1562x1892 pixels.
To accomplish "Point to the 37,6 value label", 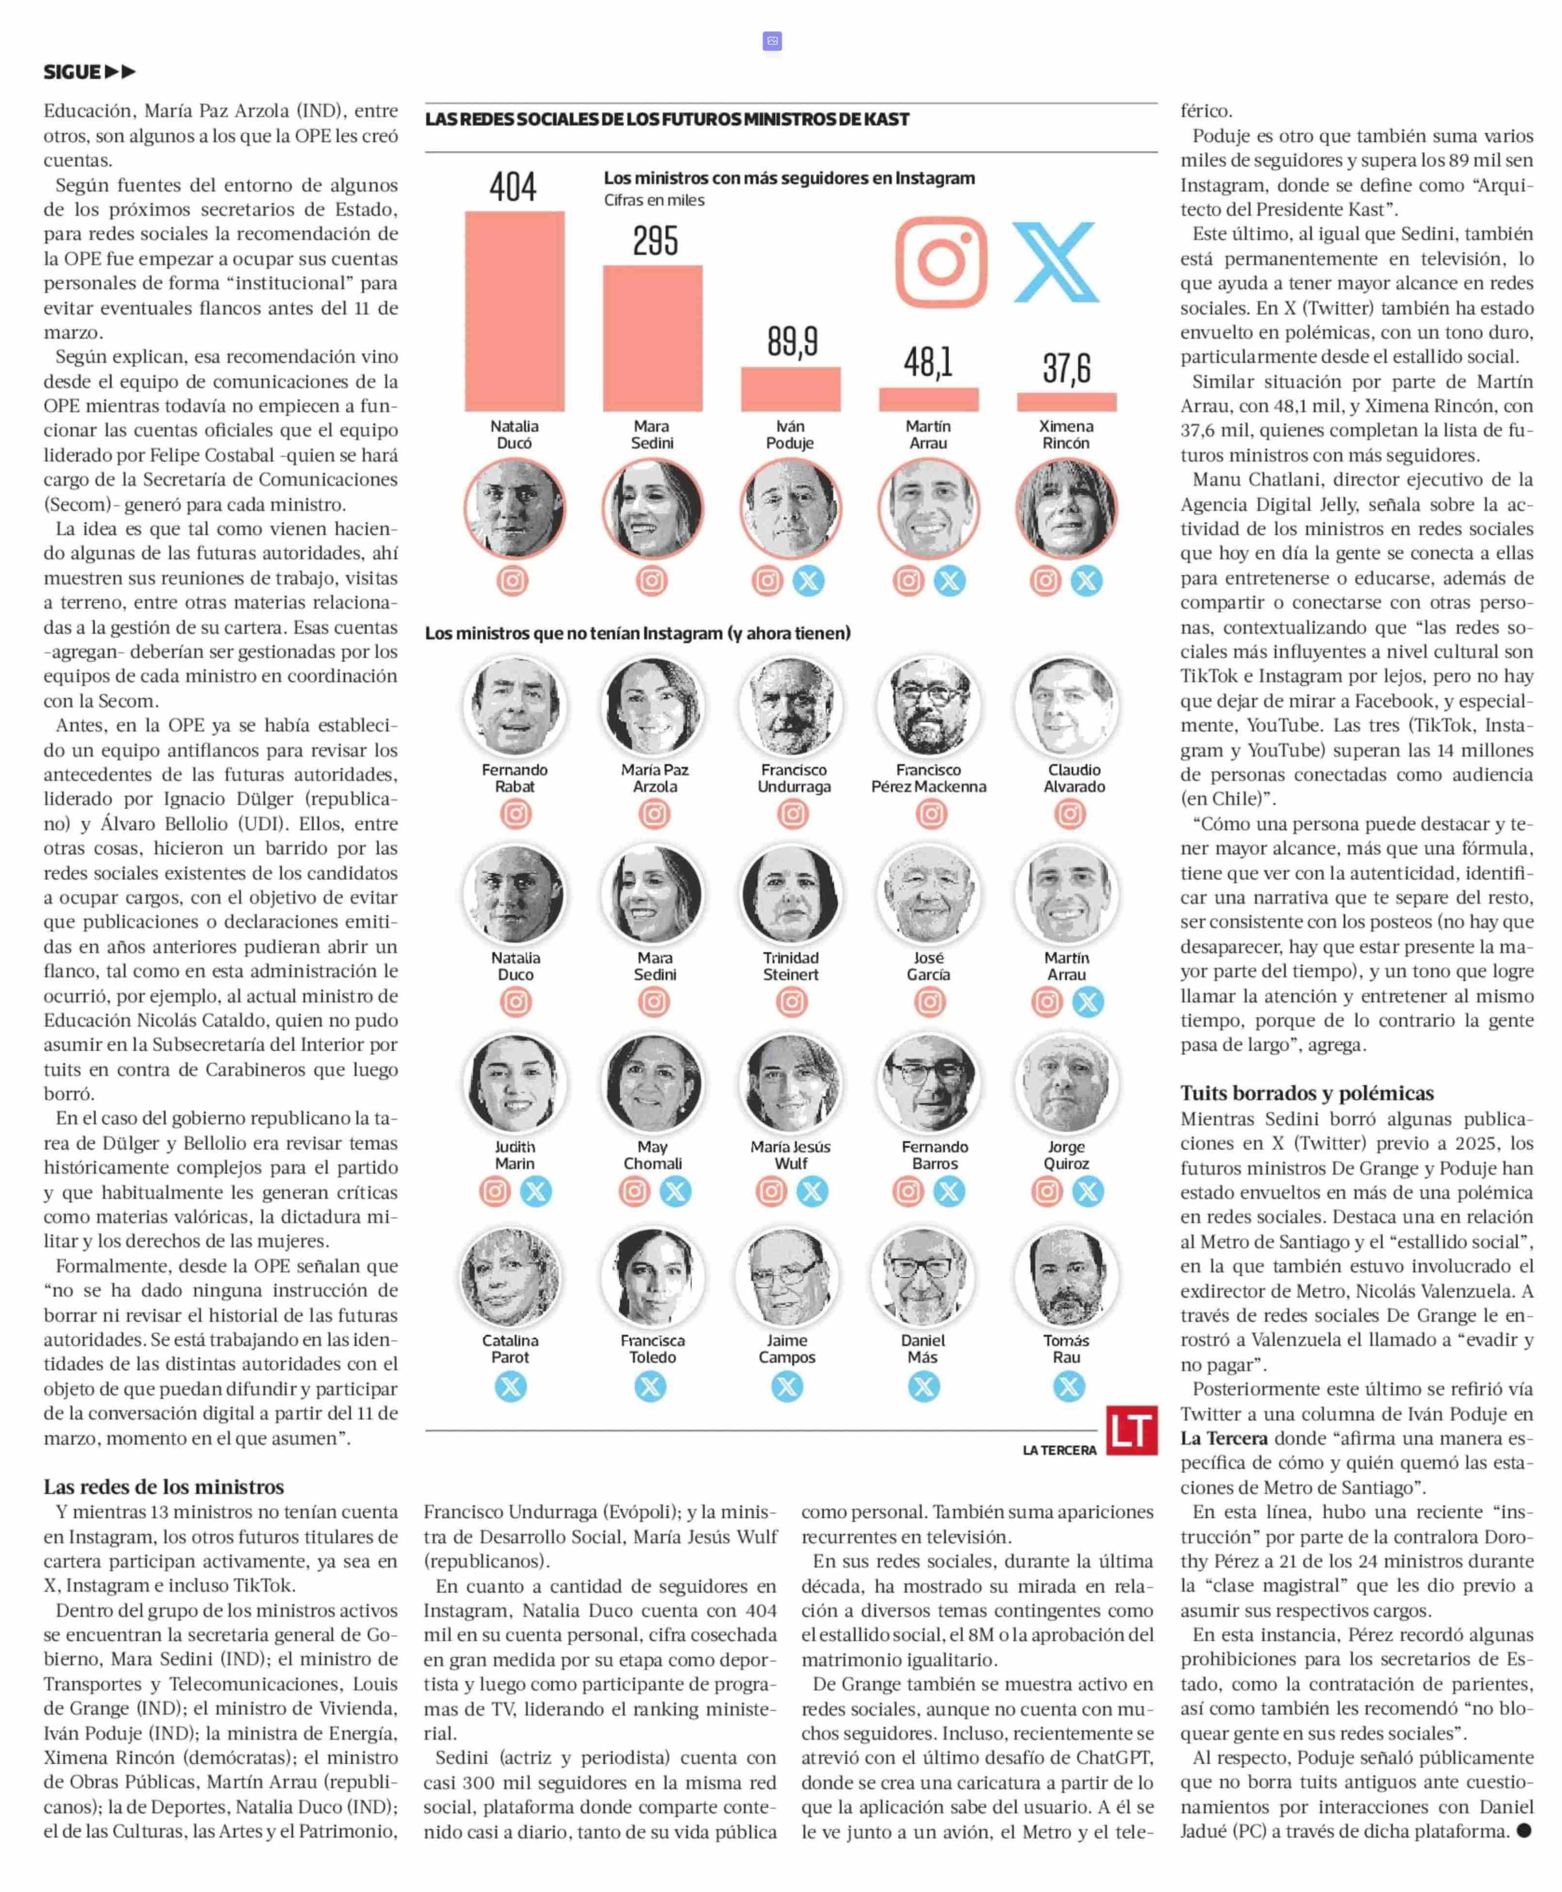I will pyautogui.click(x=1066, y=368).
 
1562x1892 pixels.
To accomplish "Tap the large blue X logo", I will pyautogui.click(x=1056, y=262).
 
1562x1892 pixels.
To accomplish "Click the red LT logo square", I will pyautogui.click(x=1131, y=1429).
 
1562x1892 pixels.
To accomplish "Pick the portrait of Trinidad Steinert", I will pyautogui.click(x=791, y=894).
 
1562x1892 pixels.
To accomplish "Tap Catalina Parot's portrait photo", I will pyautogui.click(x=510, y=1277).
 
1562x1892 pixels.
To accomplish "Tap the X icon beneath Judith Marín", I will pyautogui.click(x=536, y=1191).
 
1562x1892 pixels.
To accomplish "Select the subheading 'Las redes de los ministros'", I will pyautogui.click(x=164, y=1486).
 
